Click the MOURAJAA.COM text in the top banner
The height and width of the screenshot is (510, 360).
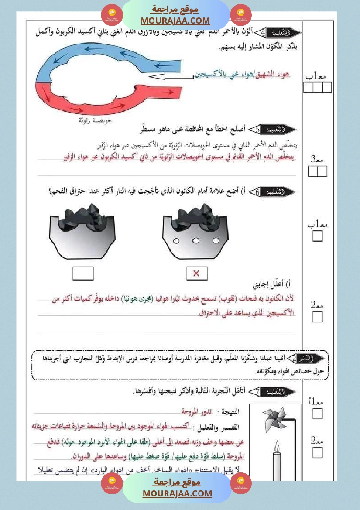point(175,21)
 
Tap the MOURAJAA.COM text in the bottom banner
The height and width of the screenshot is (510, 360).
point(177,493)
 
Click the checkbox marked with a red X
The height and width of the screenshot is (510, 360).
point(196,274)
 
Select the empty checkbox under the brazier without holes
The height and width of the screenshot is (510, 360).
point(83,274)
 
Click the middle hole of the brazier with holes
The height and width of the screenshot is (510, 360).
point(196,241)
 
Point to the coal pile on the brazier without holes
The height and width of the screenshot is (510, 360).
point(83,215)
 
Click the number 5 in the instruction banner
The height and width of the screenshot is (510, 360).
point(258,130)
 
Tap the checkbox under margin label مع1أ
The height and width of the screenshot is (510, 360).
point(318,414)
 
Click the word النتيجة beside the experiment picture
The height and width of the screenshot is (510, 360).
point(230,411)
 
